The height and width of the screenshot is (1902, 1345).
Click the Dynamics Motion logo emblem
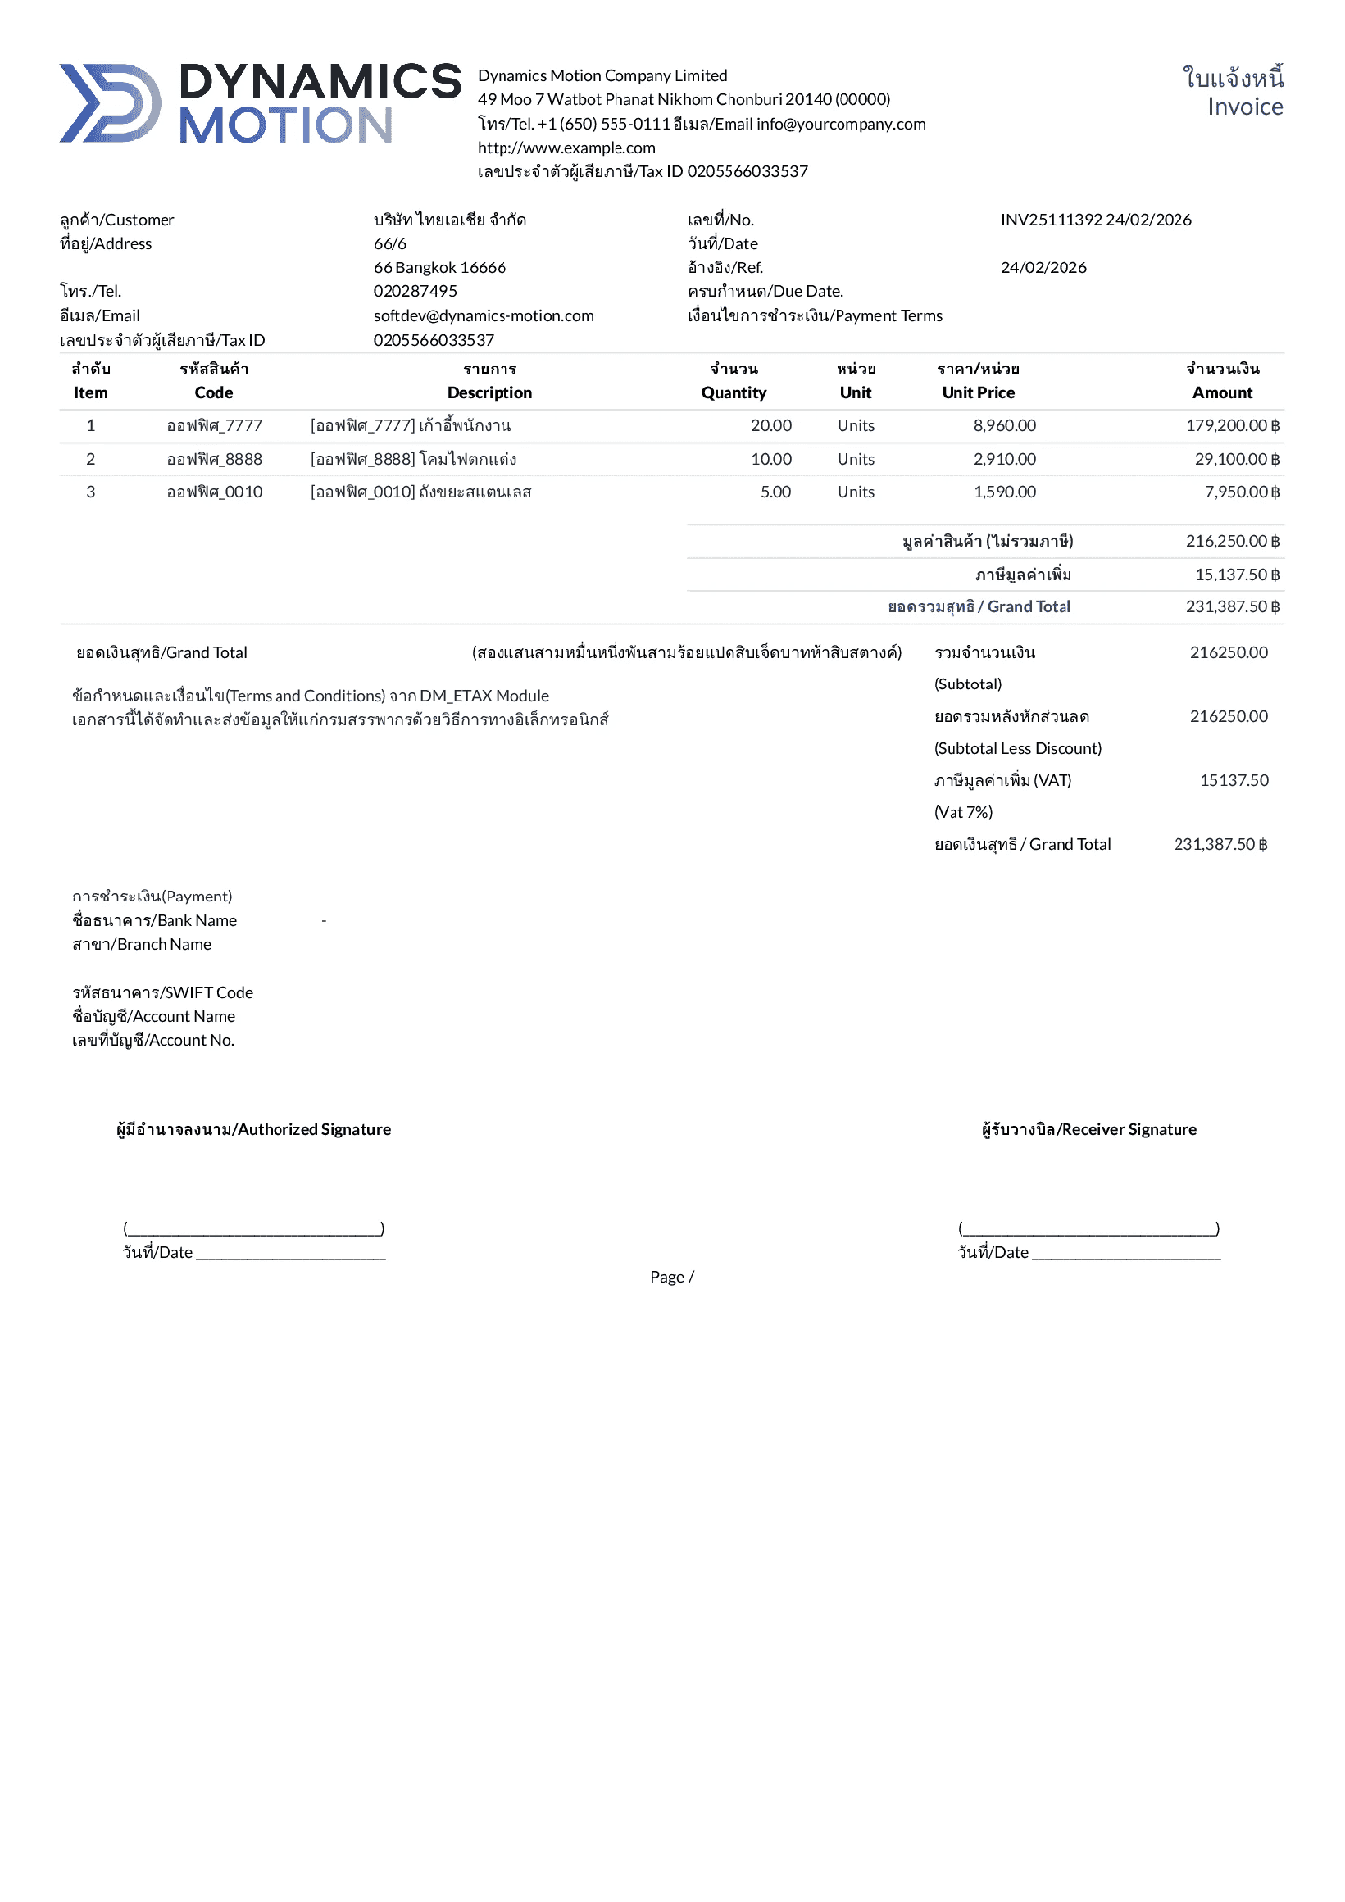coord(110,103)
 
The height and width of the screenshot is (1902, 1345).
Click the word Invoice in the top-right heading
coord(1245,107)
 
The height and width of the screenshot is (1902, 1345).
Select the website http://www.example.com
coord(566,148)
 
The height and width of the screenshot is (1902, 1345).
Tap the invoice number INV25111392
coord(1051,220)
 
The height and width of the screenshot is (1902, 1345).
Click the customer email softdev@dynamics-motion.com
coord(483,316)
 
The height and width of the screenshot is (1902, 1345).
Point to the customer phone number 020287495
coord(415,291)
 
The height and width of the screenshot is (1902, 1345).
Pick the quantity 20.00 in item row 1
coord(771,426)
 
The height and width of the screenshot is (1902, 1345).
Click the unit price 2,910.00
coord(1004,459)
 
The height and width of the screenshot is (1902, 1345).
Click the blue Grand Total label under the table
coord(979,607)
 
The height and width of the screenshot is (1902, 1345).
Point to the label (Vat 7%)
coord(963,812)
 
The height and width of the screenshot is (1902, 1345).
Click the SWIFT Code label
coord(163,993)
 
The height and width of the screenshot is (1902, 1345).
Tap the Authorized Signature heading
coord(253,1130)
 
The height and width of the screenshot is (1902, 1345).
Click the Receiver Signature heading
coord(1089,1130)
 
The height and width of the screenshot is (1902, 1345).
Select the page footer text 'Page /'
coord(672,1277)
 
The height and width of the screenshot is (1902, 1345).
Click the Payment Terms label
coord(815,316)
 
